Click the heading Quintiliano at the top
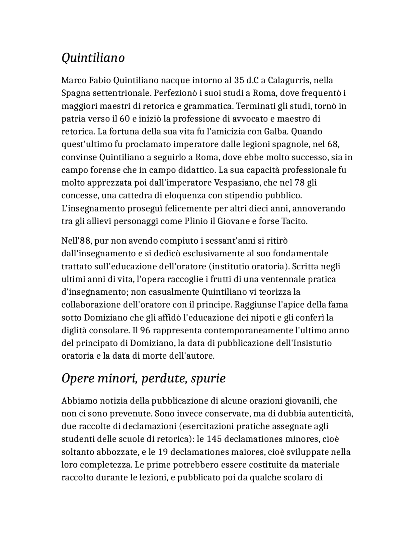[93, 58]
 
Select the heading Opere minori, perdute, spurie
[143, 378]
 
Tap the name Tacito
[295, 222]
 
